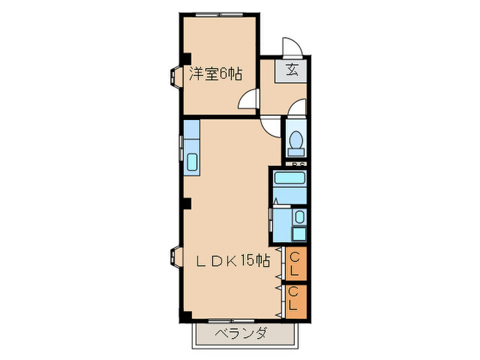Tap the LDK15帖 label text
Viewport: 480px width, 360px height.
(232, 261)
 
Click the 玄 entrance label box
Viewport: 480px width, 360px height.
(291, 69)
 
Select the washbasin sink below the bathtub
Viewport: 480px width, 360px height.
(299, 218)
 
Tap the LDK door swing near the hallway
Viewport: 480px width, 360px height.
(272, 123)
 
